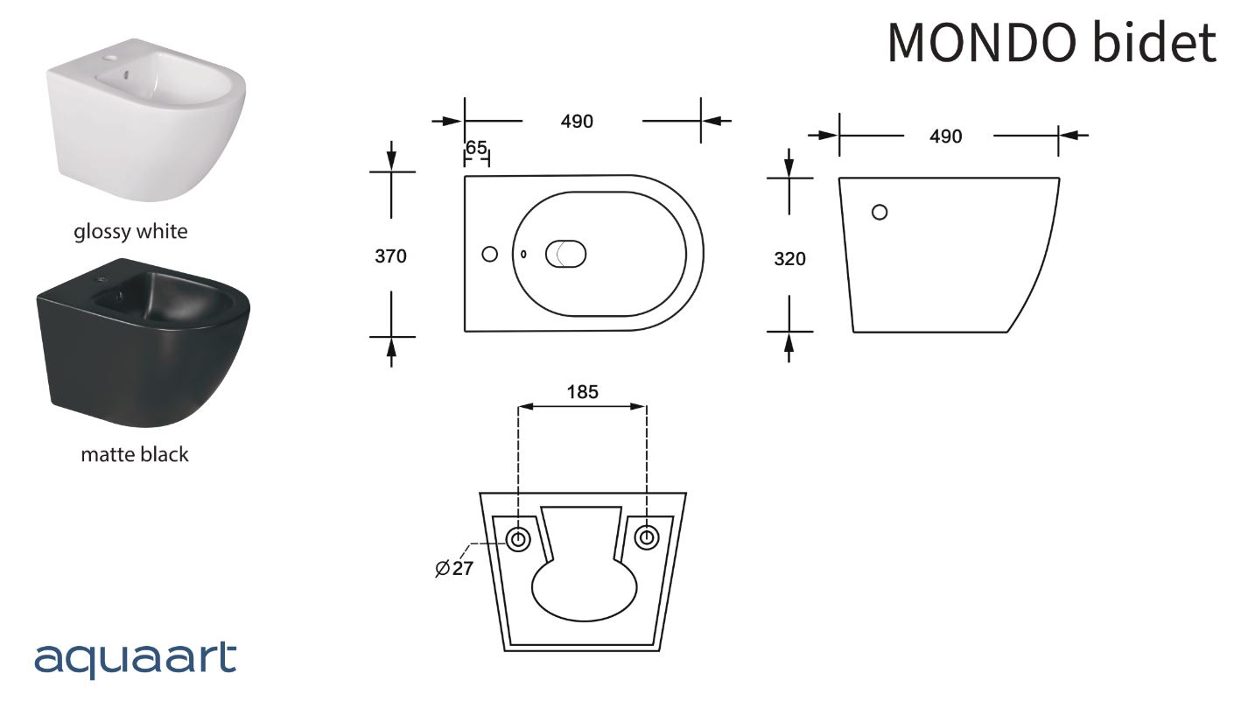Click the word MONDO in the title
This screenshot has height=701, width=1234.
pyautogui.click(x=982, y=43)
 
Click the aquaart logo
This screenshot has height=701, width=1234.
pyautogui.click(x=136, y=659)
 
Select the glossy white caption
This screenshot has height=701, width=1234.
pyautogui.click(x=130, y=231)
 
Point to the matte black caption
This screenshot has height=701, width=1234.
pyautogui.click(x=135, y=454)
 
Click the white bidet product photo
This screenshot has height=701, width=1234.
pyautogui.click(x=146, y=119)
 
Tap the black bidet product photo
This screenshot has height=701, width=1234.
pyautogui.click(x=144, y=342)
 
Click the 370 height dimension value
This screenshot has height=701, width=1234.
pyautogui.click(x=390, y=256)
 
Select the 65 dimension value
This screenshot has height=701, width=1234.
pyautogui.click(x=476, y=148)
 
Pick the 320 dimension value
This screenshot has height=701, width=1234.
pyautogui.click(x=789, y=259)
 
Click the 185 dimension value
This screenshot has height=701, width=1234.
pyautogui.click(x=582, y=392)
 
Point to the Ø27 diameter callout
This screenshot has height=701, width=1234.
pyautogui.click(x=454, y=568)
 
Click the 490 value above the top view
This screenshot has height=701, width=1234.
pyautogui.click(x=577, y=121)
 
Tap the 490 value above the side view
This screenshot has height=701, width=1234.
pyautogui.click(x=945, y=136)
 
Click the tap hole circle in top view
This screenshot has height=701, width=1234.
pyautogui.click(x=490, y=254)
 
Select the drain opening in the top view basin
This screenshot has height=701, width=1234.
pyautogui.click(x=565, y=254)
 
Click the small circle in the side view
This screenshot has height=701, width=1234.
pyautogui.click(x=880, y=212)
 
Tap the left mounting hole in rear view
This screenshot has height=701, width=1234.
pyautogui.click(x=518, y=538)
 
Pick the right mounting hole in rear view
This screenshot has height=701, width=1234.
pyautogui.click(x=646, y=536)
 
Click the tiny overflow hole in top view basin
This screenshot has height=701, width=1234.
pyautogui.click(x=523, y=254)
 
